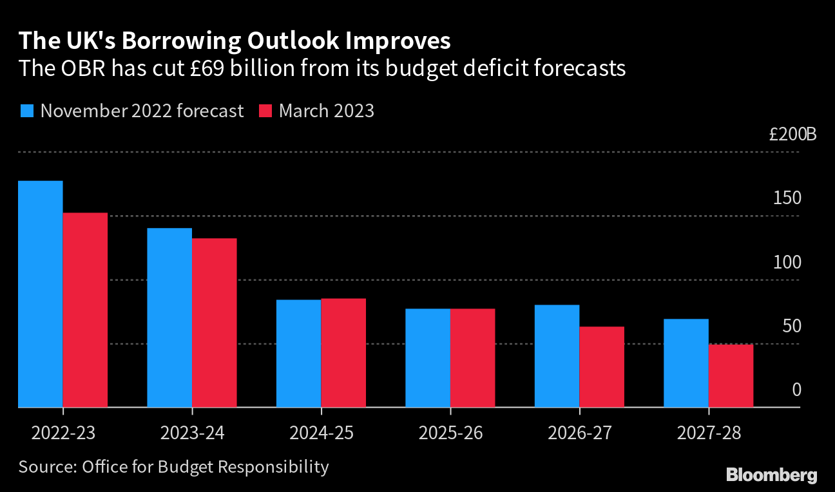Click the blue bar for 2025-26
click(428, 358)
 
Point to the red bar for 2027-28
click(731, 376)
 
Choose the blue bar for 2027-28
click(686, 363)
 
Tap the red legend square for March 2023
click(265, 111)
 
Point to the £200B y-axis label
click(792, 135)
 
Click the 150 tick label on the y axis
click(787, 198)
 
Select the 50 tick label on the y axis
click(792, 326)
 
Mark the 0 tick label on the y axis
click(796, 390)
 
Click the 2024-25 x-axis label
click(321, 432)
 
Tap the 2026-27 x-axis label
click(579, 432)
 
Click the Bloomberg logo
click(771, 475)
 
